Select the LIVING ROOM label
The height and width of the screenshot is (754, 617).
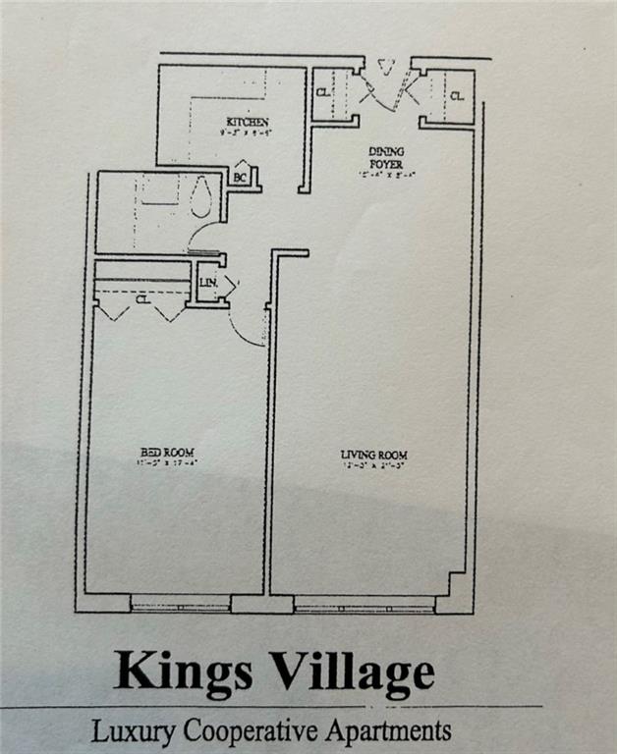tap(373, 455)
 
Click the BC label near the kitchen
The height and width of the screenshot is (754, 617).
tap(240, 178)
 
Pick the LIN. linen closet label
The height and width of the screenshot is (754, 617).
tap(208, 283)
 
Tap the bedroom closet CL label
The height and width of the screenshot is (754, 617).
tap(142, 299)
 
